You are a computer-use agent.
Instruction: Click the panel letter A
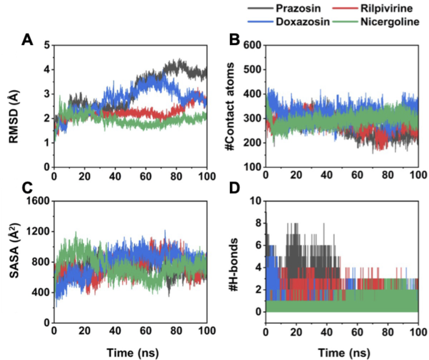click(x=27, y=41)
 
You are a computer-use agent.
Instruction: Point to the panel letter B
click(x=235, y=41)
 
